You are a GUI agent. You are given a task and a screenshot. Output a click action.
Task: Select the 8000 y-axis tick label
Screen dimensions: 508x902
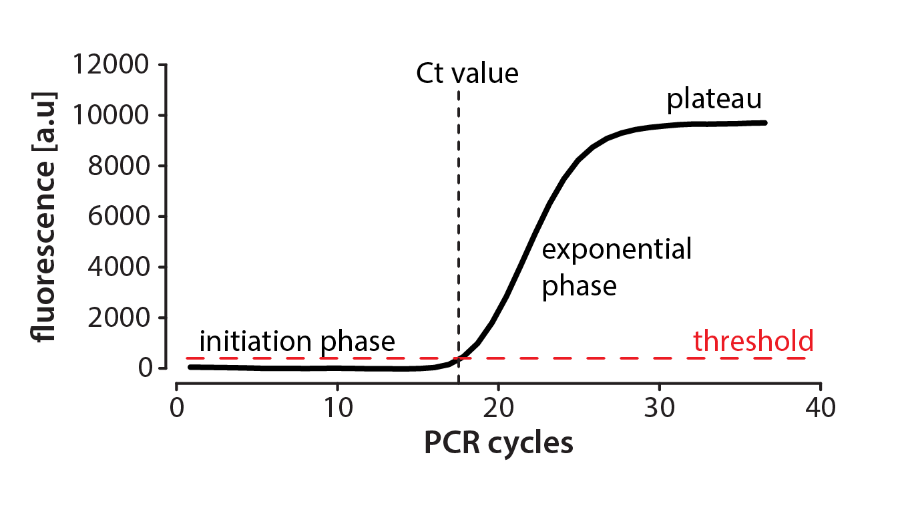point(118,166)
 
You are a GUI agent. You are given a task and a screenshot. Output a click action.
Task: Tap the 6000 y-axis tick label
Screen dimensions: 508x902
point(118,217)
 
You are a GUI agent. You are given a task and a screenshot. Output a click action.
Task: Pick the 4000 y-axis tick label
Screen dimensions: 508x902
point(118,267)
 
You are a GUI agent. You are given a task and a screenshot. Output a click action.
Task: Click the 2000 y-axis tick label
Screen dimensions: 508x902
point(118,317)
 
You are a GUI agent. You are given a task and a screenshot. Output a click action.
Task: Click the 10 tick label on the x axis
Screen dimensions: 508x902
point(337,408)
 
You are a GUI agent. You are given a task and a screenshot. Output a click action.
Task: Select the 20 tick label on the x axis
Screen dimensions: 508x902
point(498,408)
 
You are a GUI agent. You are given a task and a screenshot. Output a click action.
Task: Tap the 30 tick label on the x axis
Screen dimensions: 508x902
point(660,408)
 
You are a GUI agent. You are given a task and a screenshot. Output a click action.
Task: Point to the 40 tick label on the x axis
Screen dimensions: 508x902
point(821,408)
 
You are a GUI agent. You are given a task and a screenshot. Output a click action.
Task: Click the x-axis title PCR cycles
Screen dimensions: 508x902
point(498,443)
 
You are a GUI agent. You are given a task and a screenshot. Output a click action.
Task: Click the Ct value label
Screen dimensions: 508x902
point(467,74)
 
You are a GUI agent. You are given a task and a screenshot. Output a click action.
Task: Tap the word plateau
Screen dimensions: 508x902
point(714,100)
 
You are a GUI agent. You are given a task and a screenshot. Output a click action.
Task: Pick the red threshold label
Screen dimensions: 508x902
point(753,341)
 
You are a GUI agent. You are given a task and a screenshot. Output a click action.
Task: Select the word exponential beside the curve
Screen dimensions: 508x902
point(616,251)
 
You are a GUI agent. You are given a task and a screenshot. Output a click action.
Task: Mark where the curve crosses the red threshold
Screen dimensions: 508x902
point(459,358)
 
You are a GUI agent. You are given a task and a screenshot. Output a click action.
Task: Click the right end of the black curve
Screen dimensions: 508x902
point(764,122)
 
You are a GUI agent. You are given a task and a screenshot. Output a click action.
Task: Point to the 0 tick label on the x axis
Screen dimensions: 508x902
point(176,408)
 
